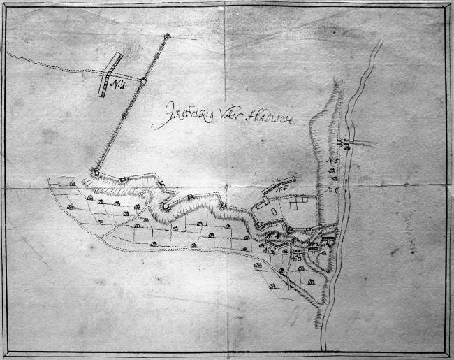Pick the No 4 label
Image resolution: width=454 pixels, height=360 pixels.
(276, 236)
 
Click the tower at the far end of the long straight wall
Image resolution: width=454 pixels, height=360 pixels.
(167, 36)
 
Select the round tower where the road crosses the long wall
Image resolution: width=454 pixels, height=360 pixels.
(142, 81)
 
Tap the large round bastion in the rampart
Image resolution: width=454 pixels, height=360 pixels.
(166, 206)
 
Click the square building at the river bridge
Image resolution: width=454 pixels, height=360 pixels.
(341, 143)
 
